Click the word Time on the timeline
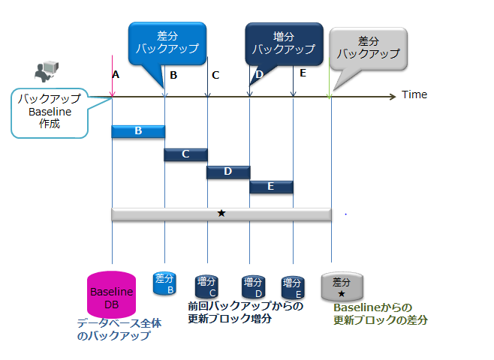click(414, 94)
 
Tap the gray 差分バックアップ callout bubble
click(368, 47)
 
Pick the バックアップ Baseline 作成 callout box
click(49, 112)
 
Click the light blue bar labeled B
click(138, 131)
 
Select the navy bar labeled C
click(185, 154)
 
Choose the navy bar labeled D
click(228, 172)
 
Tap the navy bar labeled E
click(271, 187)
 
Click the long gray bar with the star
click(221, 214)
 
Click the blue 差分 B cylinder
click(164, 283)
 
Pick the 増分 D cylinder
click(252, 286)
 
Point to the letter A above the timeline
click(116, 74)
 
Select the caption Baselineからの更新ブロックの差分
click(380, 313)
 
